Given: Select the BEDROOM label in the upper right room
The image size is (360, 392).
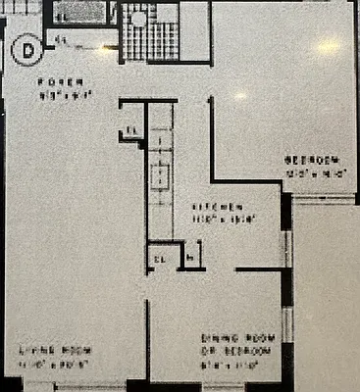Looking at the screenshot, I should click(312, 160).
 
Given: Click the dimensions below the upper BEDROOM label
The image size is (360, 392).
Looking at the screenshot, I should click(312, 173).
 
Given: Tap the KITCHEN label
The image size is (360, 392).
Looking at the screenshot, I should click(217, 208).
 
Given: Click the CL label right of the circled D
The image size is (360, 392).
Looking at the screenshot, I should click(61, 40).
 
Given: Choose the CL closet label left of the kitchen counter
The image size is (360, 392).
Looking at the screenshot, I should click(131, 134).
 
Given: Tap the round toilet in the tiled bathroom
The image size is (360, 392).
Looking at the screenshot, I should click(138, 18).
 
